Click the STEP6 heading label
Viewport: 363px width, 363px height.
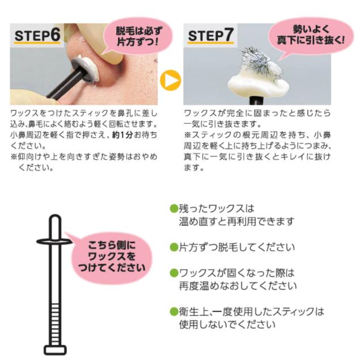[37, 35]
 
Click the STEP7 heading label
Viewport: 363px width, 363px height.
[210, 35]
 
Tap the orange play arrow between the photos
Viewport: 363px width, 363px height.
[171, 81]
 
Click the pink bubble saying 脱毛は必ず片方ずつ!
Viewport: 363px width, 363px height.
[138, 36]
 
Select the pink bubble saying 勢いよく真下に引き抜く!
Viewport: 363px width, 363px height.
[311, 36]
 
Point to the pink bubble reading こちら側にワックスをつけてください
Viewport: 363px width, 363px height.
[112, 257]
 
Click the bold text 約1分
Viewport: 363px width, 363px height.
[123, 135]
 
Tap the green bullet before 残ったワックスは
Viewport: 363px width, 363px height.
[174, 208]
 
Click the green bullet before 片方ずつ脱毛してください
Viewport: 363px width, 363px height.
[174, 247]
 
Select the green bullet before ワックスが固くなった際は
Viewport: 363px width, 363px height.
[174, 273]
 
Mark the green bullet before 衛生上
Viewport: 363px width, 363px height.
[174, 311]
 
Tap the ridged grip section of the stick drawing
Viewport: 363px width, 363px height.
[55, 324]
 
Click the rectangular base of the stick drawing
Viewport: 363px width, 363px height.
[55, 350]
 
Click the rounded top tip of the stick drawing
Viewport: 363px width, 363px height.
[56, 218]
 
